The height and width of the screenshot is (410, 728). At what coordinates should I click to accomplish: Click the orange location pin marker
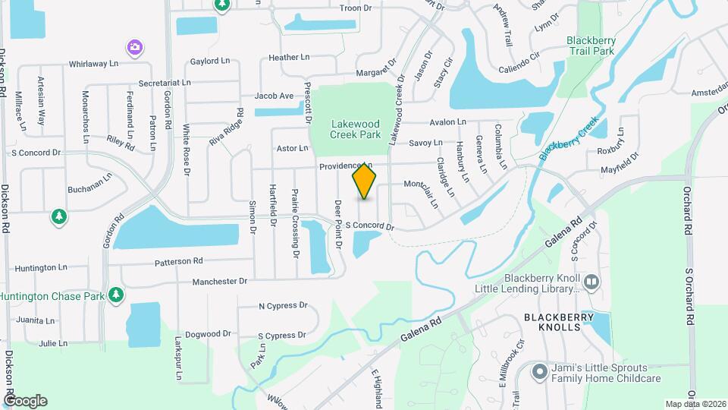[x=364, y=181]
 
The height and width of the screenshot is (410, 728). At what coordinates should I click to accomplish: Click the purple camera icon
[x=135, y=48]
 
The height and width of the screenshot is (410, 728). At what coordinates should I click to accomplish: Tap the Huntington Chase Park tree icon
[x=115, y=295]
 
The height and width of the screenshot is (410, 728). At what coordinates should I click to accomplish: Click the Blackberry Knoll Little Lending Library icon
[x=592, y=282]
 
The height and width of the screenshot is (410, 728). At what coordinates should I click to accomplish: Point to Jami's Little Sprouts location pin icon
[x=539, y=371]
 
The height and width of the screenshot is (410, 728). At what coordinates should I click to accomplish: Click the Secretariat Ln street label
[x=169, y=82]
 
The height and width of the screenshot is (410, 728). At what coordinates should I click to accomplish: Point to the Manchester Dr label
[x=220, y=281]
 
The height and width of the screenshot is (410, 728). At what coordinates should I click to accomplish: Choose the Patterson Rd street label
[x=179, y=261]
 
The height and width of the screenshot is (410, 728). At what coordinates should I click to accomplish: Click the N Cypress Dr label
[x=283, y=306]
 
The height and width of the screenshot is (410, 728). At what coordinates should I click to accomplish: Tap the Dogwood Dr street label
[x=208, y=333]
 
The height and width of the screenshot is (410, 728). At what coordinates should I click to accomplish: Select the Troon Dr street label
[x=356, y=8]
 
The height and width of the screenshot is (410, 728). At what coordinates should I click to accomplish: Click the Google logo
[x=25, y=401]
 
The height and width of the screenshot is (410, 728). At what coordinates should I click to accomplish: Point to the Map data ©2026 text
[x=695, y=404]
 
